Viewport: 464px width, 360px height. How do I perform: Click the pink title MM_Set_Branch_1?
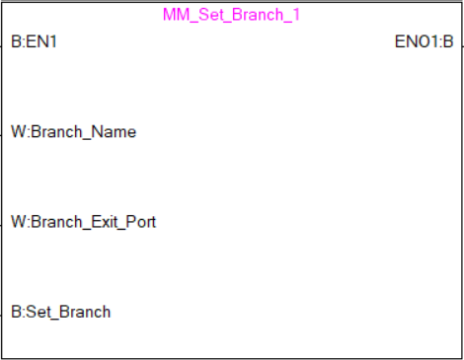231,16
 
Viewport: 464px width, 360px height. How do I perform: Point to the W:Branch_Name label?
73,131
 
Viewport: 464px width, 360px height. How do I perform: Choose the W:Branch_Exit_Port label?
83,221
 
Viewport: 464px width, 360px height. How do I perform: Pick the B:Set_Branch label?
60,312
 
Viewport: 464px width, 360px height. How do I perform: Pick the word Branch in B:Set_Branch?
86,312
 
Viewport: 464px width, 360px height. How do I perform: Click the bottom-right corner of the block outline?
461,357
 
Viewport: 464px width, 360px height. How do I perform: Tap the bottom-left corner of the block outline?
2,357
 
